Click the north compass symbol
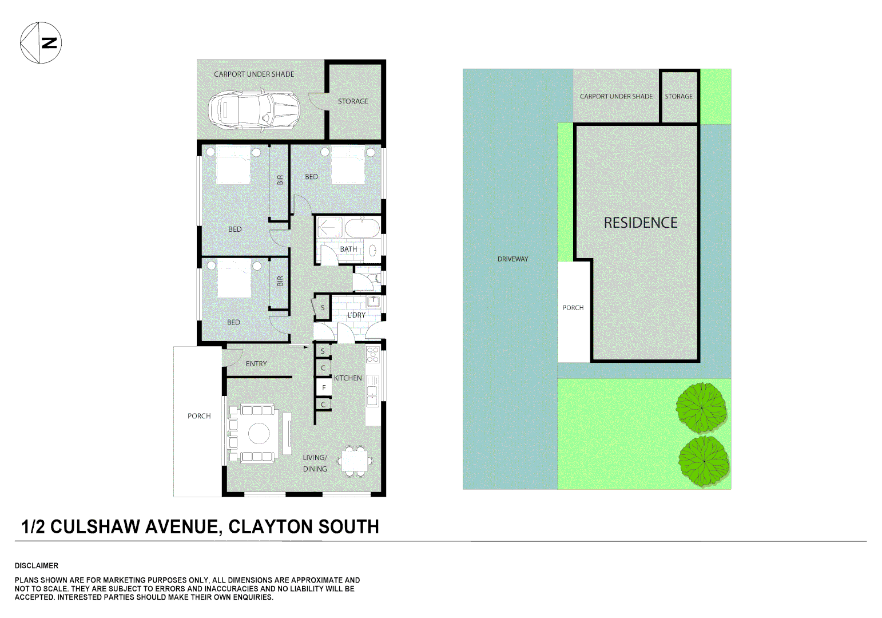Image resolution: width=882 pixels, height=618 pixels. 41,42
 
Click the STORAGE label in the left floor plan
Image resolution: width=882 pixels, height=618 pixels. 353,101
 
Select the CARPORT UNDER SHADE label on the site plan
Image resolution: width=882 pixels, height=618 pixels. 616,96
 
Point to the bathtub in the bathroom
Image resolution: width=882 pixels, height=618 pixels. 362,228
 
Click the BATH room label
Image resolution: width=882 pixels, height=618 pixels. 348,249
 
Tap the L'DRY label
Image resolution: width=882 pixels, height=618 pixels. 356,315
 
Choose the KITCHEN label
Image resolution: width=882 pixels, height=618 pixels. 348,378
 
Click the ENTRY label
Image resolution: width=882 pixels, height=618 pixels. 256,363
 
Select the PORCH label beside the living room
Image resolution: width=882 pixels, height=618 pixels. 199,416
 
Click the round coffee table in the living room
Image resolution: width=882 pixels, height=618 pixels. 259,433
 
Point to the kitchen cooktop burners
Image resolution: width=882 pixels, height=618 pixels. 373,354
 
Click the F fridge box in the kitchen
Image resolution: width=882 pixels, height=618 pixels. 324,387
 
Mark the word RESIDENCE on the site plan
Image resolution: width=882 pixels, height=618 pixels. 641,223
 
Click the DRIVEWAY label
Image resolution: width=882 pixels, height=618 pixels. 512,259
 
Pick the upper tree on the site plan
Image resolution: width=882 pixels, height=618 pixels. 701,407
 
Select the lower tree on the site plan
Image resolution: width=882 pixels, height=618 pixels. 704,461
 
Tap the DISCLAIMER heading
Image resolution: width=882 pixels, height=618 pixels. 37,565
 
